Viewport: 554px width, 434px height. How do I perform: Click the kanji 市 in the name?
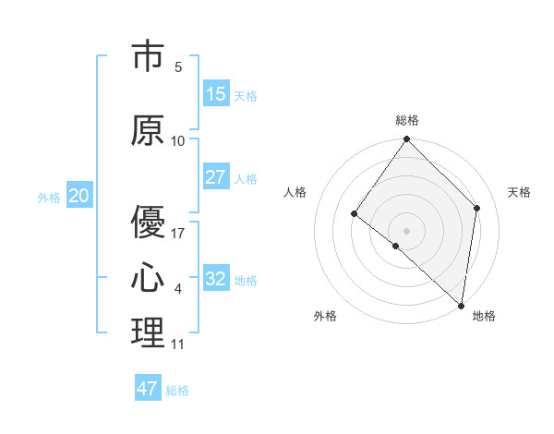click(x=148, y=57)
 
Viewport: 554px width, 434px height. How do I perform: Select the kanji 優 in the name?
click(x=148, y=222)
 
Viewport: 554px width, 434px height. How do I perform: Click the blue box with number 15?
click(x=216, y=94)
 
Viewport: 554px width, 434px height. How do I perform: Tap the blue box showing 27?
click(x=216, y=177)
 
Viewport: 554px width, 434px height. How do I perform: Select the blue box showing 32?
click(x=216, y=279)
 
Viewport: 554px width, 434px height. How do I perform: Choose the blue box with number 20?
click(x=78, y=196)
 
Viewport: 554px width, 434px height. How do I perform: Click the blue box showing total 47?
click(x=148, y=389)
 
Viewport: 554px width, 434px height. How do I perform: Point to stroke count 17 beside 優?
click(x=178, y=233)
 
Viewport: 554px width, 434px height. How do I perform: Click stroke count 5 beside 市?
click(x=178, y=66)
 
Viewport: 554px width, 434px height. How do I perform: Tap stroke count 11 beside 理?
click(x=177, y=344)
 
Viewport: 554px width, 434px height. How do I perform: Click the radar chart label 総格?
click(x=407, y=120)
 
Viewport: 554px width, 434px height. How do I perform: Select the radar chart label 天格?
click(x=519, y=192)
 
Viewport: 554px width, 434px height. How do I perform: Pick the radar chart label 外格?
click(x=325, y=316)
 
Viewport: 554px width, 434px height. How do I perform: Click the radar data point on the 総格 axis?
click(x=406, y=139)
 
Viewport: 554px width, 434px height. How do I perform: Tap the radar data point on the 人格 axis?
click(x=354, y=214)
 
